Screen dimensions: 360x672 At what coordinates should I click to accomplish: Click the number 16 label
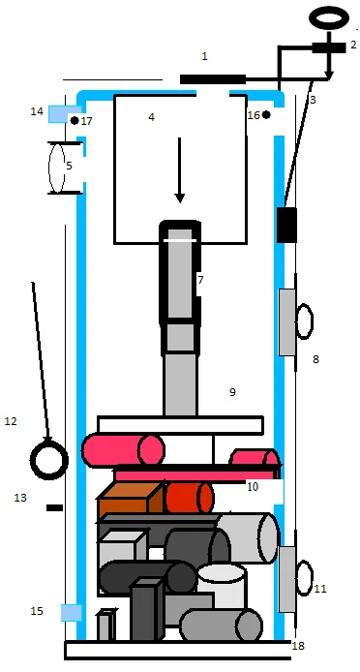tap(254, 115)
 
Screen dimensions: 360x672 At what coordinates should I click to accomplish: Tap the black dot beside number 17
tap(75, 120)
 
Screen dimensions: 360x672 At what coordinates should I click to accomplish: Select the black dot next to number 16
tap(266, 114)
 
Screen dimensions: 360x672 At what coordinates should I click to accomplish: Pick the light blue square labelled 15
tap(71, 612)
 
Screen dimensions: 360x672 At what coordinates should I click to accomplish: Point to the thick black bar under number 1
tap(213, 79)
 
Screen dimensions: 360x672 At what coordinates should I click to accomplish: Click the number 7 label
tap(200, 280)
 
